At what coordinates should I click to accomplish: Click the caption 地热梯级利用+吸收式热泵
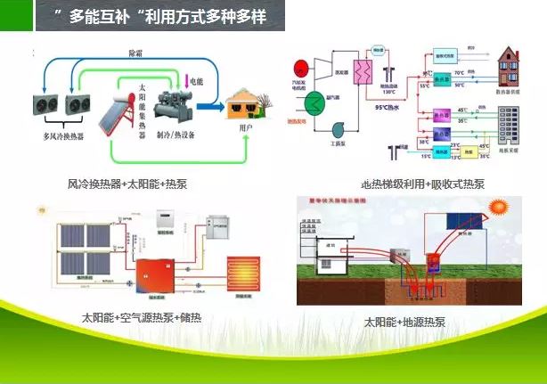coord(424,184)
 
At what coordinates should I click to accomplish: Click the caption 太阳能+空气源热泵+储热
coord(142,318)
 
